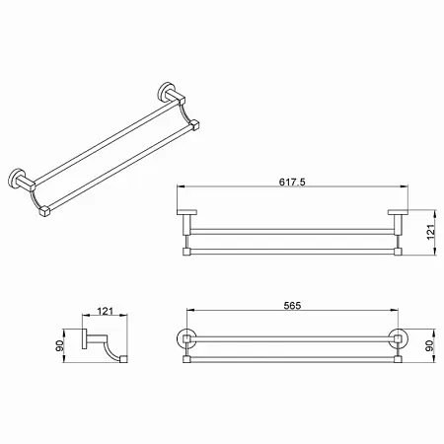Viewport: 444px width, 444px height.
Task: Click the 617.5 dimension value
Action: [292, 182]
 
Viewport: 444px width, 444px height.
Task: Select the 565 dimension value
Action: [292, 306]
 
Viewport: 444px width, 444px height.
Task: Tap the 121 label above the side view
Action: [106, 311]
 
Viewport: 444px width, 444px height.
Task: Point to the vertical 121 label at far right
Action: [430, 232]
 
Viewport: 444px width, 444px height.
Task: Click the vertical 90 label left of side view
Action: [59, 345]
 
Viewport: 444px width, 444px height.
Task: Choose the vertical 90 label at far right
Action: [430, 345]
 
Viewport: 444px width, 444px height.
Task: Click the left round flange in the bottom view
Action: [178, 338]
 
